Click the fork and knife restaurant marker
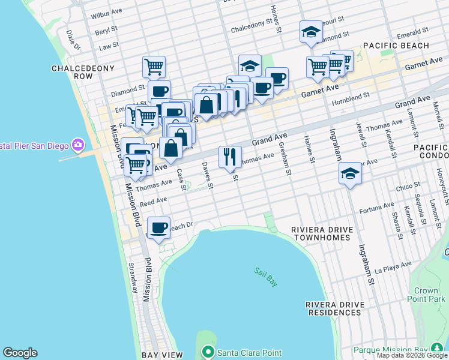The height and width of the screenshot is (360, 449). coord(230,157)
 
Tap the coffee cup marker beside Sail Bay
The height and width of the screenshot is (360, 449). coord(158,228)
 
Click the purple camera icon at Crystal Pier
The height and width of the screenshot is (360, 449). coord(77,145)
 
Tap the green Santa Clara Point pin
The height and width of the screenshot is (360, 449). coord(208,352)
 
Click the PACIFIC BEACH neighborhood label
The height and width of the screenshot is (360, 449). coord(396,46)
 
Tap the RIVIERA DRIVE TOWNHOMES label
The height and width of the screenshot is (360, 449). coord(320,234)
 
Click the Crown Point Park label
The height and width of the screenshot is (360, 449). coord(430,295)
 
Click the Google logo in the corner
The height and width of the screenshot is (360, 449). coord(20,353)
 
